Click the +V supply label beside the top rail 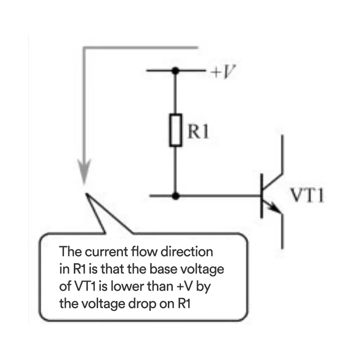[223, 71]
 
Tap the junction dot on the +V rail [175, 71]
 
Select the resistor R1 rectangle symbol [175, 130]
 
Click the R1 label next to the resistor [198, 131]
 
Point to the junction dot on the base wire [175, 196]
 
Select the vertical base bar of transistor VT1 [262, 196]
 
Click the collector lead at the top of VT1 [282, 153]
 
